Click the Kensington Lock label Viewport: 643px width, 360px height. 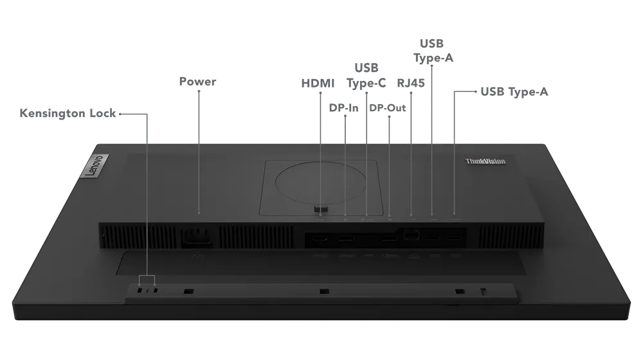pos(68,113)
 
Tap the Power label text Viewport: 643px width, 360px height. pos(197,81)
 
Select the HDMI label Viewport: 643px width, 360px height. pos(318,83)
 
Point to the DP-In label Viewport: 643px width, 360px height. pos(343,108)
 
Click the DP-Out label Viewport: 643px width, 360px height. pos(388,108)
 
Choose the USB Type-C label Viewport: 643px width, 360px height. pos(367,75)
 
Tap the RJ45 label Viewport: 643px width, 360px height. pos(411,83)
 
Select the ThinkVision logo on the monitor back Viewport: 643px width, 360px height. pos(485,161)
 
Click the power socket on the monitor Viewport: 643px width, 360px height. pos(197,237)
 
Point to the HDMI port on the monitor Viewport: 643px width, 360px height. pos(320,237)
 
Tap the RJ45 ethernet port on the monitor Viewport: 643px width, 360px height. pos(412,234)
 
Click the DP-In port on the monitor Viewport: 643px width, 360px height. pos(347,237)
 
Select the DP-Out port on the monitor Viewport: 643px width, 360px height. pos(390,237)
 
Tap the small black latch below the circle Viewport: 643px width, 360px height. pos(321,209)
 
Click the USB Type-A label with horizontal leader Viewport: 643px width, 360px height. pos(514,92)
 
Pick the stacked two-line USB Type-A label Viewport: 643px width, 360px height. pos(433,51)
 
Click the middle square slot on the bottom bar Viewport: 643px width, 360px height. pos(324,291)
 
